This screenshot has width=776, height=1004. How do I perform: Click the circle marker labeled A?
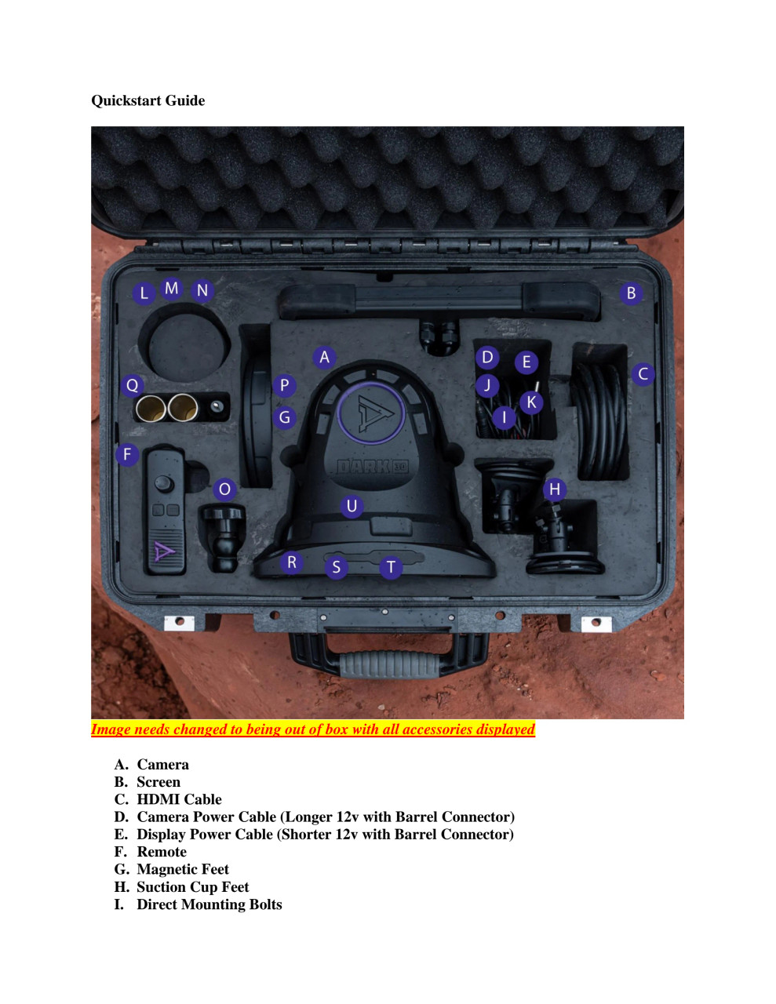[x=324, y=358]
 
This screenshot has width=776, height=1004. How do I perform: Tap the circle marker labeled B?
[x=631, y=293]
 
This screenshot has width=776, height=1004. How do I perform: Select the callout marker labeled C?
[x=643, y=373]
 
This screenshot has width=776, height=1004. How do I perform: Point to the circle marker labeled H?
[x=555, y=489]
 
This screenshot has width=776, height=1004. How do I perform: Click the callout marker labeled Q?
[x=132, y=385]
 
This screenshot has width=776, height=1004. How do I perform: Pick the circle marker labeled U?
[x=352, y=506]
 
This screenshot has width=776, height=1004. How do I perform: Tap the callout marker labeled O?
[x=224, y=489]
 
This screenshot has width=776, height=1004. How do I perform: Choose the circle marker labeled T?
[x=391, y=566]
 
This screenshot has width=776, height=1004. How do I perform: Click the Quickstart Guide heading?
[x=148, y=100]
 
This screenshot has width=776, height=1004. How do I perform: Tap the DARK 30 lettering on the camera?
[x=372, y=467]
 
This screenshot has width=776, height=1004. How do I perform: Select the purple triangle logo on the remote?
[x=165, y=551]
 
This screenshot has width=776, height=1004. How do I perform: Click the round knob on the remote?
[x=163, y=482]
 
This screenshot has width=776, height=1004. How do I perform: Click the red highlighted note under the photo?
[x=312, y=729]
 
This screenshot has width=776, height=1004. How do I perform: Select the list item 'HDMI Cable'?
[x=179, y=799]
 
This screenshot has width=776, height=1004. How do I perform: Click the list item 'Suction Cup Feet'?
[x=192, y=887]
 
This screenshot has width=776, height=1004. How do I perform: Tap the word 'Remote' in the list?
[x=162, y=852]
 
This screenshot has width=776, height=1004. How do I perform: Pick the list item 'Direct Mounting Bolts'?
[x=209, y=904]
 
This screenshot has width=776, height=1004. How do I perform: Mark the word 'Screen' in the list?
[x=158, y=782]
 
